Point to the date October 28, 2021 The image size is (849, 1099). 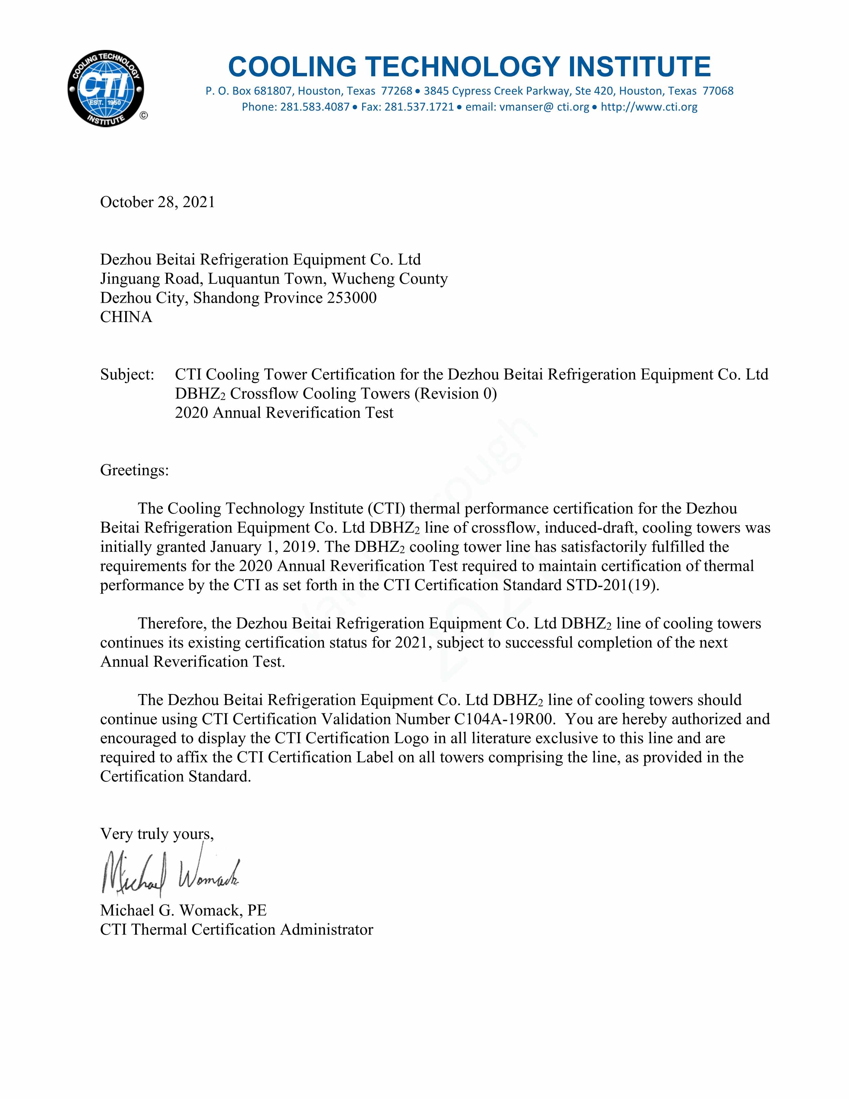pos(157,202)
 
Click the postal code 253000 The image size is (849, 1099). pos(352,298)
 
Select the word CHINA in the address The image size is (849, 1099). pos(126,317)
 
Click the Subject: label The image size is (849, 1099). pos(127,374)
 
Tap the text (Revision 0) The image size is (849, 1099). pos(455,394)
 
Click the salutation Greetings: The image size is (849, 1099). pos(134,470)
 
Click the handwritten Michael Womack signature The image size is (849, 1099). pos(170,875)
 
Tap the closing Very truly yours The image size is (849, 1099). pos(156,834)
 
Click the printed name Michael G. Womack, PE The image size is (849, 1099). pos(183,910)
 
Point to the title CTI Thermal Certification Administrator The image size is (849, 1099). pos(236,929)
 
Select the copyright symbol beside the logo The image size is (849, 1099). pos(143,116)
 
